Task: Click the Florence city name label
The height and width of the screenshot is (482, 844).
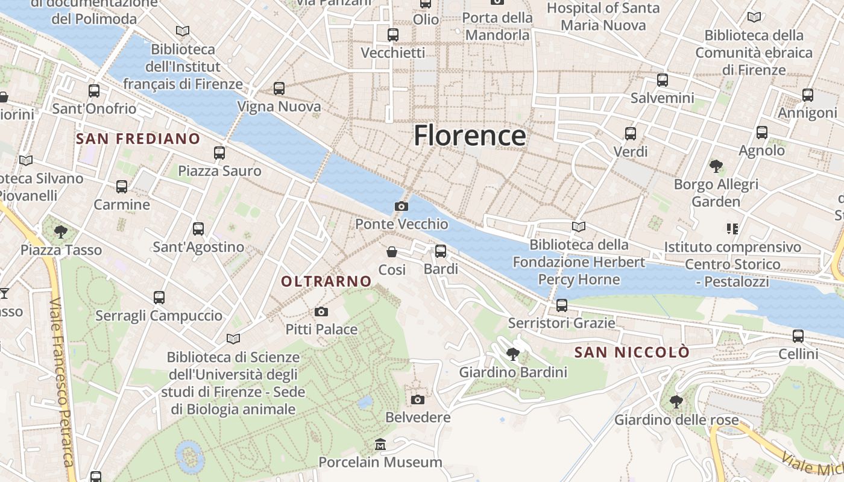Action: coord(470,136)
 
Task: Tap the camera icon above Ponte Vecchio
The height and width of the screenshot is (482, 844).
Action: coord(401,207)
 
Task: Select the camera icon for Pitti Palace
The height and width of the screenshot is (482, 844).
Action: coord(321,311)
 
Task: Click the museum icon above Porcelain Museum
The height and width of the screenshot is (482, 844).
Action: coord(380,445)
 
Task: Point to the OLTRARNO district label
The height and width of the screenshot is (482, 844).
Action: coord(326,281)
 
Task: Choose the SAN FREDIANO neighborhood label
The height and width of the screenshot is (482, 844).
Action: coord(138,139)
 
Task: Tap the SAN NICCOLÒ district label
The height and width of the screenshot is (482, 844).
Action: coord(632,352)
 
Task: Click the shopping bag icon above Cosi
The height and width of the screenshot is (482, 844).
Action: coord(392,251)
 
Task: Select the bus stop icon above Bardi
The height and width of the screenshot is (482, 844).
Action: coord(441,251)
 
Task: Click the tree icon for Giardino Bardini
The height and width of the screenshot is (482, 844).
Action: coord(513,354)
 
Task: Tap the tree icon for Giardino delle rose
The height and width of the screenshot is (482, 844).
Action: coord(676,401)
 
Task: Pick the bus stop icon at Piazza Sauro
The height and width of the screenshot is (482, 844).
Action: coord(219,153)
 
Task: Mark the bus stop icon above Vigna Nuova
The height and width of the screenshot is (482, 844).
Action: coord(279,89)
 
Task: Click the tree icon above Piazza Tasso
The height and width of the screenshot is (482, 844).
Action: coord(60,231)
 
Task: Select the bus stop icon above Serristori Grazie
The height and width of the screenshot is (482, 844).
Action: coord(562,305)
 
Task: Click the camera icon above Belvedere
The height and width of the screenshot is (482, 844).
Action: coord(417,399)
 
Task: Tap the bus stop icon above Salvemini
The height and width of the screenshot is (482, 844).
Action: coord(663,80)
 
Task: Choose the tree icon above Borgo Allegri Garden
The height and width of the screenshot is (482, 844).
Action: coord(716,166)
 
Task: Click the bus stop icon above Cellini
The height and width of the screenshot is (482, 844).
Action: coord(798,336)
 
